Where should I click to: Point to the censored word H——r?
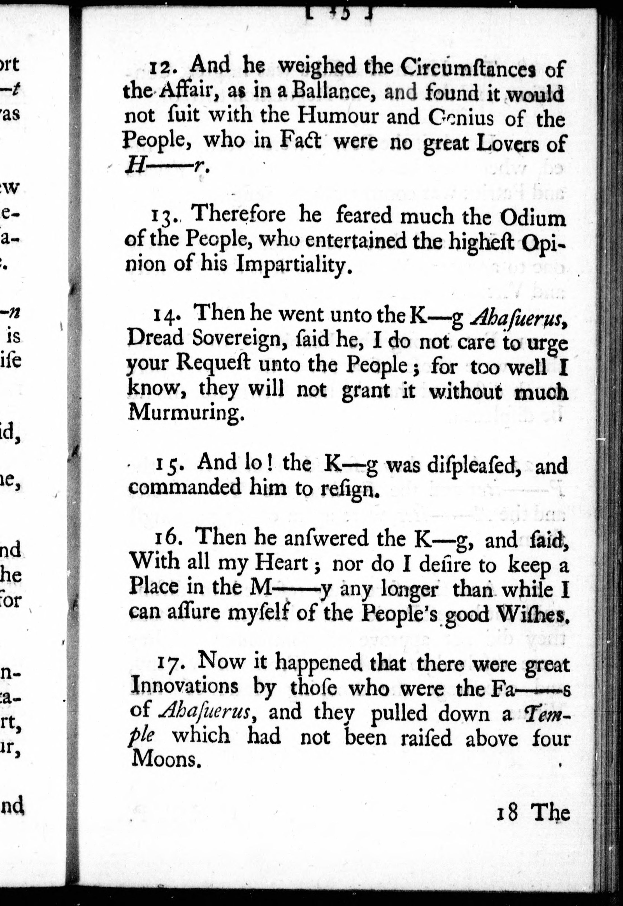point(166,167)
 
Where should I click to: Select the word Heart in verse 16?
point(281,563)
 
